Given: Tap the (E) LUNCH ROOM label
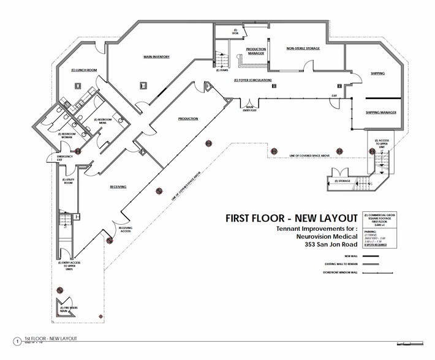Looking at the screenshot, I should tap(85, 70).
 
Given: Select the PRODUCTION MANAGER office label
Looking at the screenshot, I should tap(255, 51).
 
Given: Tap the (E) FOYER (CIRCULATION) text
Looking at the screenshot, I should tap(252, 80).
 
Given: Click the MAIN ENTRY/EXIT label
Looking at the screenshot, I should tap(233, 110).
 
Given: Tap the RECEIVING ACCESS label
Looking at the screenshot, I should tap(126, 230).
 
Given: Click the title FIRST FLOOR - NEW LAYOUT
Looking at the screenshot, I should tap(291, 218).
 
